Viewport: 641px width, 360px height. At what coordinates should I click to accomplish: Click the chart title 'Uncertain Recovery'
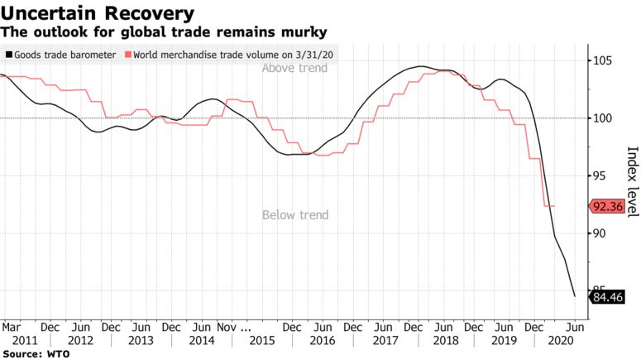click(x=98, y=13)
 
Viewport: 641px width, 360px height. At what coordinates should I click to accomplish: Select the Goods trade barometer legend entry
click(x=60, y=55)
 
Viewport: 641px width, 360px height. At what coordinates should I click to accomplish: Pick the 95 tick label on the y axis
click(x=602, y=175)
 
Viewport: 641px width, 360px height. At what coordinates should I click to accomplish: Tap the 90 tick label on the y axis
click(x=602, y=233)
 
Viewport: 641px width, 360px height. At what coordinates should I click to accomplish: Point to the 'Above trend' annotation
click(x=294, y=68)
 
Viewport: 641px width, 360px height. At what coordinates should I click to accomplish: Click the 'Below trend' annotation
click(x=295, y=215)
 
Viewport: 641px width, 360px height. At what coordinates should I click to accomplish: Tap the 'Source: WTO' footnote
click(x=36, y=353)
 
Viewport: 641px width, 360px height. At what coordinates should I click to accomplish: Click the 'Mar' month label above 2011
click(x=12, y=326)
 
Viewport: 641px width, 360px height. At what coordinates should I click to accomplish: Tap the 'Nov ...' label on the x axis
click(x=246, y=326)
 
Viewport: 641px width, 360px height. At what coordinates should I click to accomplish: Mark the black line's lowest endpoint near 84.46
click(x=575, y=295)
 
